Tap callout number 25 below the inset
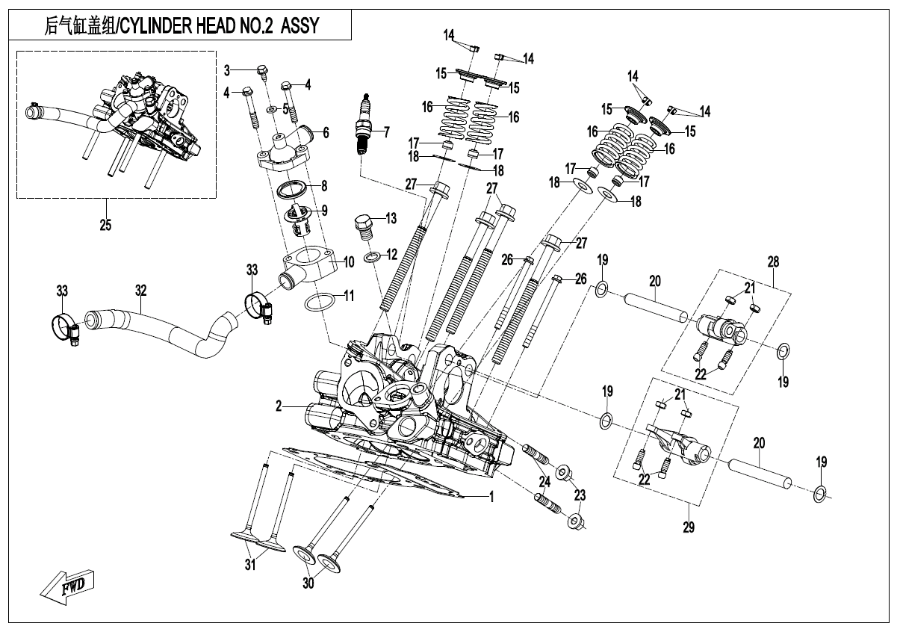point(105,223)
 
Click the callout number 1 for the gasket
point(491,495)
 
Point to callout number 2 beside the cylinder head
point(278,406)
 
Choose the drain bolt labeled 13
point(363,223)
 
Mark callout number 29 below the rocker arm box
point(689,527)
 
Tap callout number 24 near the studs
point(544,480)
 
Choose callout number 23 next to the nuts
point(580,495)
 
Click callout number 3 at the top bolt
point(228,69)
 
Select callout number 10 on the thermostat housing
point(348,263)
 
